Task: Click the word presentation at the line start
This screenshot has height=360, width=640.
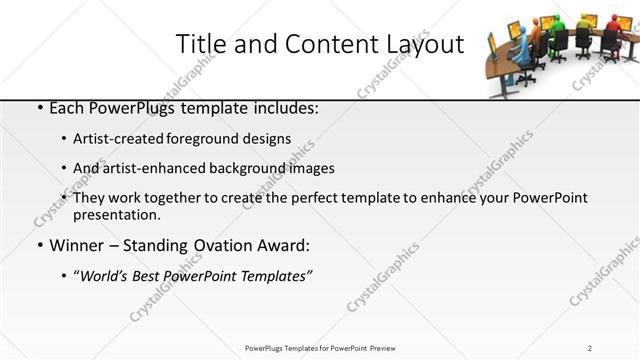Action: [x=116, y=215]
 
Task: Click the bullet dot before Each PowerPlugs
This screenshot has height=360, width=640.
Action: [x=39, y=108]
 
